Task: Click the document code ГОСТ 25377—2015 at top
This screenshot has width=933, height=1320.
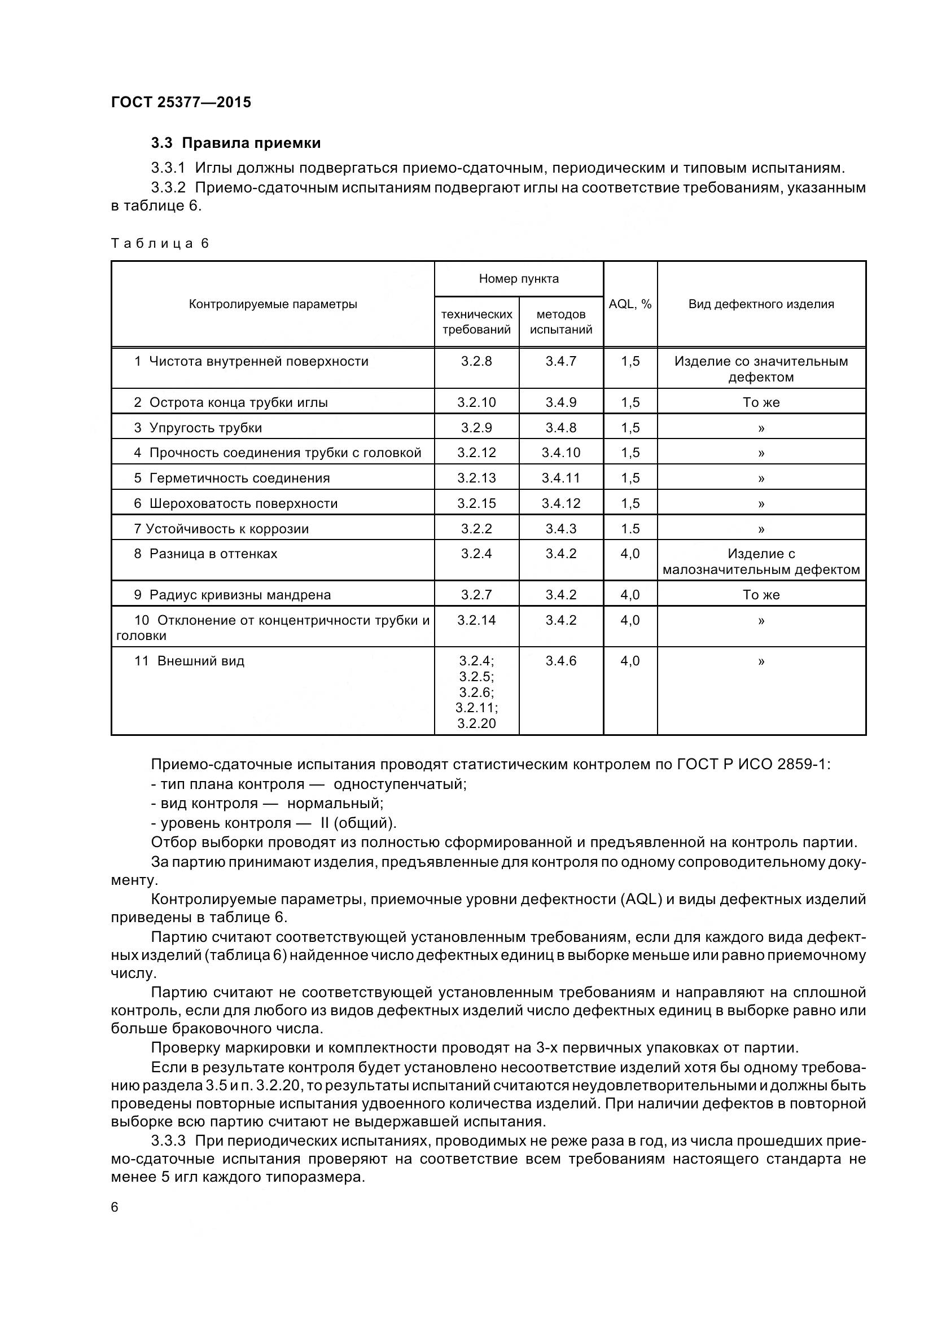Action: point(181,102)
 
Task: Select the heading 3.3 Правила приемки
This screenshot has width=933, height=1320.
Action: point(236,143)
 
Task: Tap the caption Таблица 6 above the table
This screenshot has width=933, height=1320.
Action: point(160,243)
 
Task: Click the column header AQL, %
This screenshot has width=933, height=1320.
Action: point(630,304)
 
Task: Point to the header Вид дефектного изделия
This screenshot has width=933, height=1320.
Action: point(761,304)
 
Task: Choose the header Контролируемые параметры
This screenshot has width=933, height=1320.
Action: point(273,304)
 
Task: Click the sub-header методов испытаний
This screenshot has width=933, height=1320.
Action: point(561,322)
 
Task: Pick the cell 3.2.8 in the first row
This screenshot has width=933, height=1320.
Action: point(476,361)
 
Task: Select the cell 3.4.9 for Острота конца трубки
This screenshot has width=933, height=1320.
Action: point(561,402)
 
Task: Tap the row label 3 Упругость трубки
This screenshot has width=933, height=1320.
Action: point(198,428)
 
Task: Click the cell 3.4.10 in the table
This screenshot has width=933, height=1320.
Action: point(561,453)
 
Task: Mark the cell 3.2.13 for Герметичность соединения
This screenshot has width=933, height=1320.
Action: point(476,478)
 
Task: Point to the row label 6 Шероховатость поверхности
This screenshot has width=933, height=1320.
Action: point(236,503)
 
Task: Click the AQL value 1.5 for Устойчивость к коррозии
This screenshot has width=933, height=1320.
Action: point(630,528)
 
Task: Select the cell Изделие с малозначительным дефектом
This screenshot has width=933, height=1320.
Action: point(761,562)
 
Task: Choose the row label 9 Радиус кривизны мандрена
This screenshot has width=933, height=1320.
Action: point(233,595)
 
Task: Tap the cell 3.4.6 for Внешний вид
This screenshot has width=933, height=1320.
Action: point(561,661)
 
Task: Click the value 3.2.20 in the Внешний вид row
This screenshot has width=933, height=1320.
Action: point(476,723)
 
